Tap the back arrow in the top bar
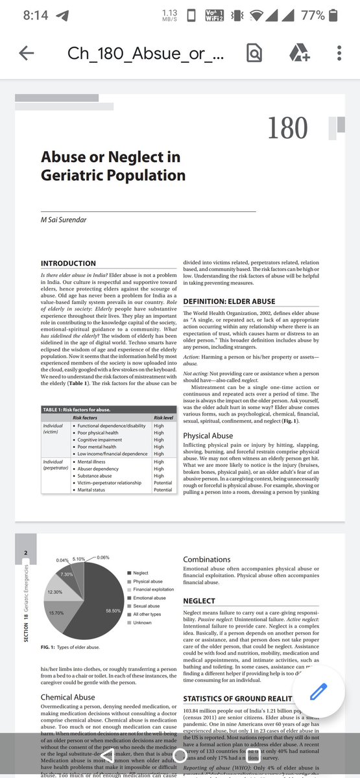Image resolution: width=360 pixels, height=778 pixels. coord(27,54)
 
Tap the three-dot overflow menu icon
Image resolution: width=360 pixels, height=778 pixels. coord(339,54)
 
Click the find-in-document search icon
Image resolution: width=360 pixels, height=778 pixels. coord(254,54)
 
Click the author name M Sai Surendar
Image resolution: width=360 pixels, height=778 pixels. coord(64,220)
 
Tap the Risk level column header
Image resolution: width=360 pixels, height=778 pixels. coord(163,418)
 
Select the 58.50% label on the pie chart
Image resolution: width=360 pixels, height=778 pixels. coord(113,610)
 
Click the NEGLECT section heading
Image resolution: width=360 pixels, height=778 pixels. coord(199,601)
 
